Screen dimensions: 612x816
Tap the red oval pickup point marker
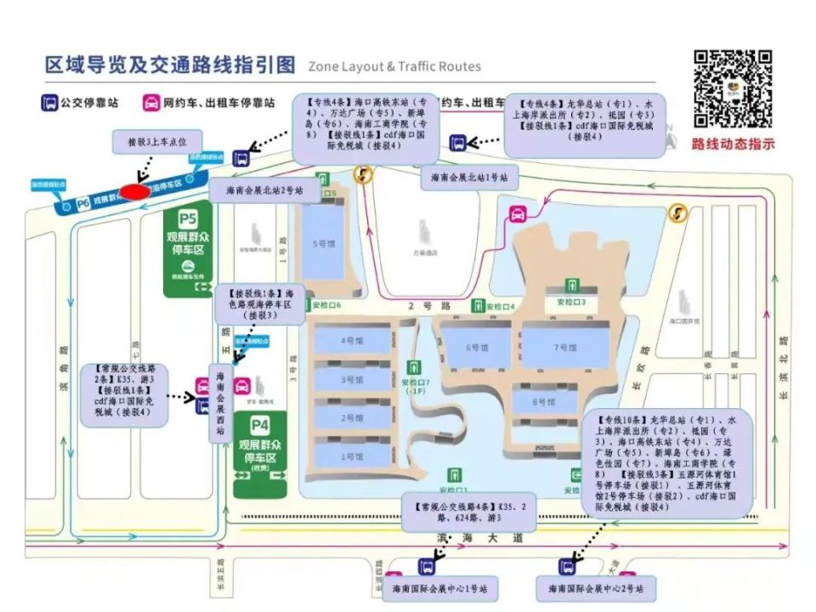(135, 190)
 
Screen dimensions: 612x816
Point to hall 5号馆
(325, 244)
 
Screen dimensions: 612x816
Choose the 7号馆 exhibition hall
(565, 346)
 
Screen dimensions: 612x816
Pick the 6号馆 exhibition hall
(477, 348)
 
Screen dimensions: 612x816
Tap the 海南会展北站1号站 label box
(469, 178)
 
